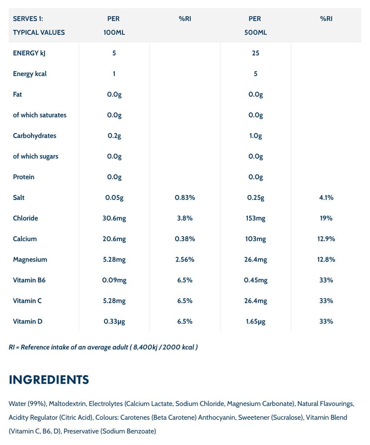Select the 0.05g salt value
[114, 197]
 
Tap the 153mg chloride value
[255, 218]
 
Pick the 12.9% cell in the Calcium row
[326, 239]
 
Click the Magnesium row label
[30, 259]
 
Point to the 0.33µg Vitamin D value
[114, 322]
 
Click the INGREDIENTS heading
[49, 380]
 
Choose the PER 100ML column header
[114, 25]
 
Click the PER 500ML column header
[255, 25]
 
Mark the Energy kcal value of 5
[255, 74]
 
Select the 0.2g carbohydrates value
[114, 136]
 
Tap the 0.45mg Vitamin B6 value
[255, 280]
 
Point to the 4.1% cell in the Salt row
[326, 197]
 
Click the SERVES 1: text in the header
[28, 19]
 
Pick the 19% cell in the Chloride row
[326, 218]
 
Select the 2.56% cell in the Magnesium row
[185, 259]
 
